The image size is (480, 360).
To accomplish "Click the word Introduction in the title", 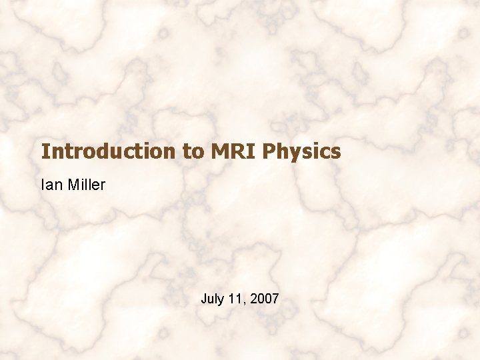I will point(107,152).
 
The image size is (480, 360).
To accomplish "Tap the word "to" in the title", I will point(193,152).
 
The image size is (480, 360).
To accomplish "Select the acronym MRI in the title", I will point(234,152).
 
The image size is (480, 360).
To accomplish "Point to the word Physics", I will point(302,152).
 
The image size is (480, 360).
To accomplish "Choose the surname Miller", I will point(86,185).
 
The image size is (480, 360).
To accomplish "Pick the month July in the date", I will point(212,299).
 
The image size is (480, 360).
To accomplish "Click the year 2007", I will point(264,299).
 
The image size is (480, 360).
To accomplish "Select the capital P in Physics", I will point(270,152).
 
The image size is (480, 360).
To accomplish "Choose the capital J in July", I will point(204,299).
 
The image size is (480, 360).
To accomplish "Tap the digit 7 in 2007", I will point(275,299).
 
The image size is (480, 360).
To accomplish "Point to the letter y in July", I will point(221,301).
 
